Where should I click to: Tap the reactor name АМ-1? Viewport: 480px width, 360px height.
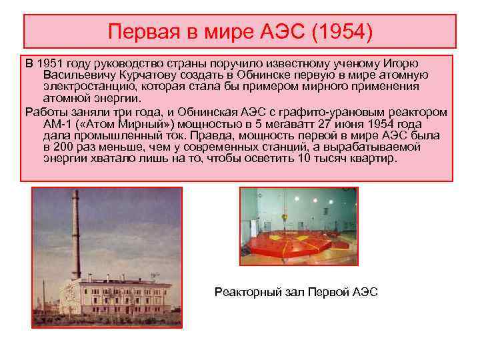55,123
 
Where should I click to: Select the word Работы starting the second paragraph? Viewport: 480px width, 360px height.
44,111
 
